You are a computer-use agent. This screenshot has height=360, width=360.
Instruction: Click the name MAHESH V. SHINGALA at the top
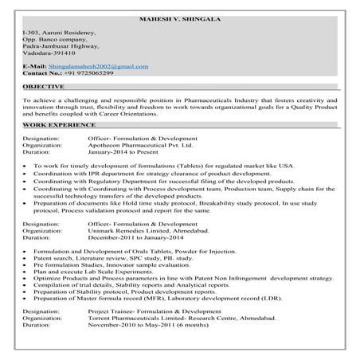(179, 18)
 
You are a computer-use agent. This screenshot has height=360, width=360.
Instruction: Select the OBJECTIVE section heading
(45, 85)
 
